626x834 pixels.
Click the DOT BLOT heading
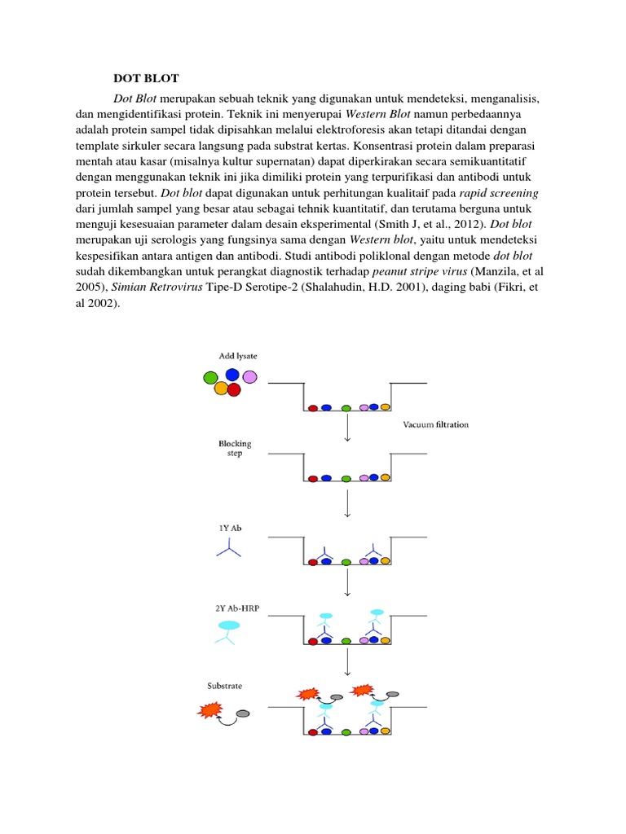tap(146, 78)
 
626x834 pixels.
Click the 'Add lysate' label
tap(238, 356)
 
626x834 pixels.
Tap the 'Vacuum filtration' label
tap(436, 424)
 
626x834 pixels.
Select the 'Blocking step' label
tap(235, 449)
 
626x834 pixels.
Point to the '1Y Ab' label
tap(229, 529)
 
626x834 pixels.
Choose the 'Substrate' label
tap(224, 686)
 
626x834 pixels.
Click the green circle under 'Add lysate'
tap(210, 377)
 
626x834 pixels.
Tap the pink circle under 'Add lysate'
tap(249, 376)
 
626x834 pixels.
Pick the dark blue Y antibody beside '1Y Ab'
tap(228, 550)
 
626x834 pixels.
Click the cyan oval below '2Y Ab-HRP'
tap(229, 625)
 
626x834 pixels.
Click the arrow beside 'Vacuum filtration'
tap(348, 427)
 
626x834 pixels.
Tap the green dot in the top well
tap(346, 407)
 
